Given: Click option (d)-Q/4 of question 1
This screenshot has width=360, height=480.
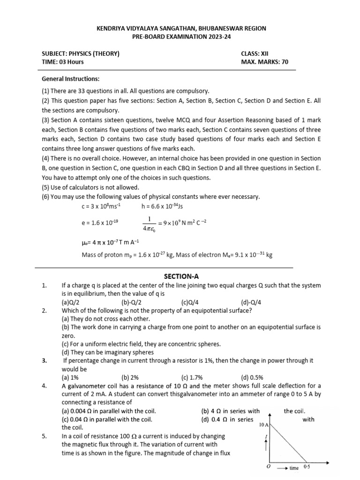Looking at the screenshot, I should tap(251, 302).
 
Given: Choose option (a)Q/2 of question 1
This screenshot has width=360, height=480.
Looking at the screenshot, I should tap(70, 302).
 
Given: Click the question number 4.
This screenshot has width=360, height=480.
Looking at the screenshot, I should tap(44, 386).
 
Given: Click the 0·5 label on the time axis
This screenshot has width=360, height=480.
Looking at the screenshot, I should tap(307, 467).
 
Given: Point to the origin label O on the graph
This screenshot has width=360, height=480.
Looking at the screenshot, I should tap(268, 467).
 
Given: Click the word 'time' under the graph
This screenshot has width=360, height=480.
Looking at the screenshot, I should tap(294, 468).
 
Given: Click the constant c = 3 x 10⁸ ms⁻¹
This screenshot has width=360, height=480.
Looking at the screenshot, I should tap(98, 206).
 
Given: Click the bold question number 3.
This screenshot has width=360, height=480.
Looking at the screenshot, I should tap(44, 360).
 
